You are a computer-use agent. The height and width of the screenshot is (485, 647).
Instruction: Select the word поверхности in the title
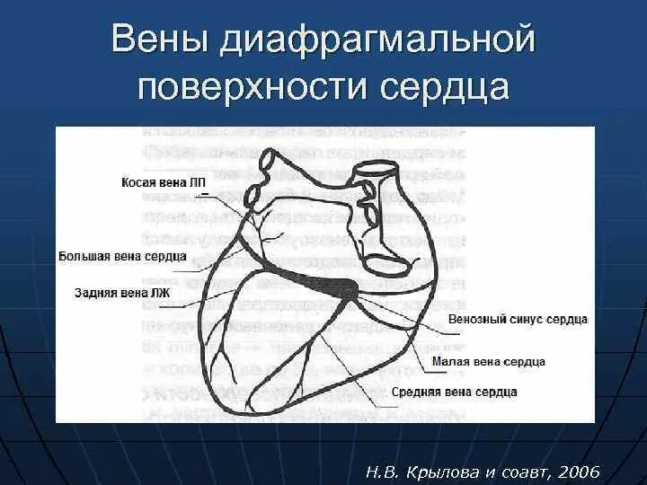click(x=254, y=88)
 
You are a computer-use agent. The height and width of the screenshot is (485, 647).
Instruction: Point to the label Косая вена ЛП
click(x=164, y=182)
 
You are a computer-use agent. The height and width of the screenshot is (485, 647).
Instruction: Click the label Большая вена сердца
click(x=122, y=256)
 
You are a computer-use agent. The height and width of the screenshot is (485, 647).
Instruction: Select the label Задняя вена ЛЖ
click(x=121, y=292)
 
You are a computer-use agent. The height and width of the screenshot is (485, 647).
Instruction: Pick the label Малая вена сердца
click(x=488, y=361)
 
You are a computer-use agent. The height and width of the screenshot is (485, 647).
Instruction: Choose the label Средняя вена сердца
click(x=454, y=392)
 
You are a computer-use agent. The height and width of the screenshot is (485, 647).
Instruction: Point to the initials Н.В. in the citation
click(x=387, y=472)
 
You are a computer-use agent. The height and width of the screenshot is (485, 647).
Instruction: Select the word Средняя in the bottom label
click(x=417, y=392)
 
